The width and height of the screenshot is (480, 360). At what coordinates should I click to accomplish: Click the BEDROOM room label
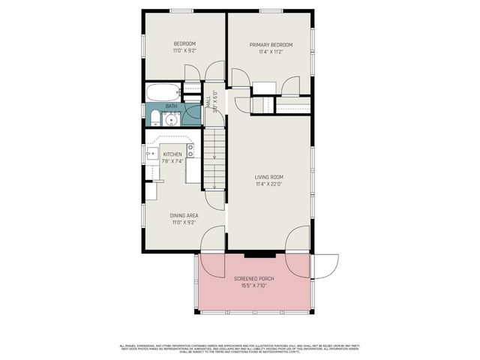click(x=184, y=43)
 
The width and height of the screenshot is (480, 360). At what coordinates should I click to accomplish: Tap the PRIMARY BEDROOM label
click(x=271, y=45)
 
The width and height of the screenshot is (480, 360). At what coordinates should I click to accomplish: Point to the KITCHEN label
click(x=173, y=154)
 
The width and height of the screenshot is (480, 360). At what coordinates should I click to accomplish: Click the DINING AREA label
click(x=184, y=215)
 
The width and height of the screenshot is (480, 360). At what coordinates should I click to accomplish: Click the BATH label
click(x=172, y=106)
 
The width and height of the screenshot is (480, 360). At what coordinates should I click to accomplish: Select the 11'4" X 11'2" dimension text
click(x=271, y=52)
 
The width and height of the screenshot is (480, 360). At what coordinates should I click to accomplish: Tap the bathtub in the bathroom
click(x=163, y=92)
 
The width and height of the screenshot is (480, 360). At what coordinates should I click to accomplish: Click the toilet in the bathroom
click(x=154, y=118)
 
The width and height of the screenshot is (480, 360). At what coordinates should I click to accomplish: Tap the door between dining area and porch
click(x=211, y=243)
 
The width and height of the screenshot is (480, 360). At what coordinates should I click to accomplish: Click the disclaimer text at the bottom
click(x=240, y=348)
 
